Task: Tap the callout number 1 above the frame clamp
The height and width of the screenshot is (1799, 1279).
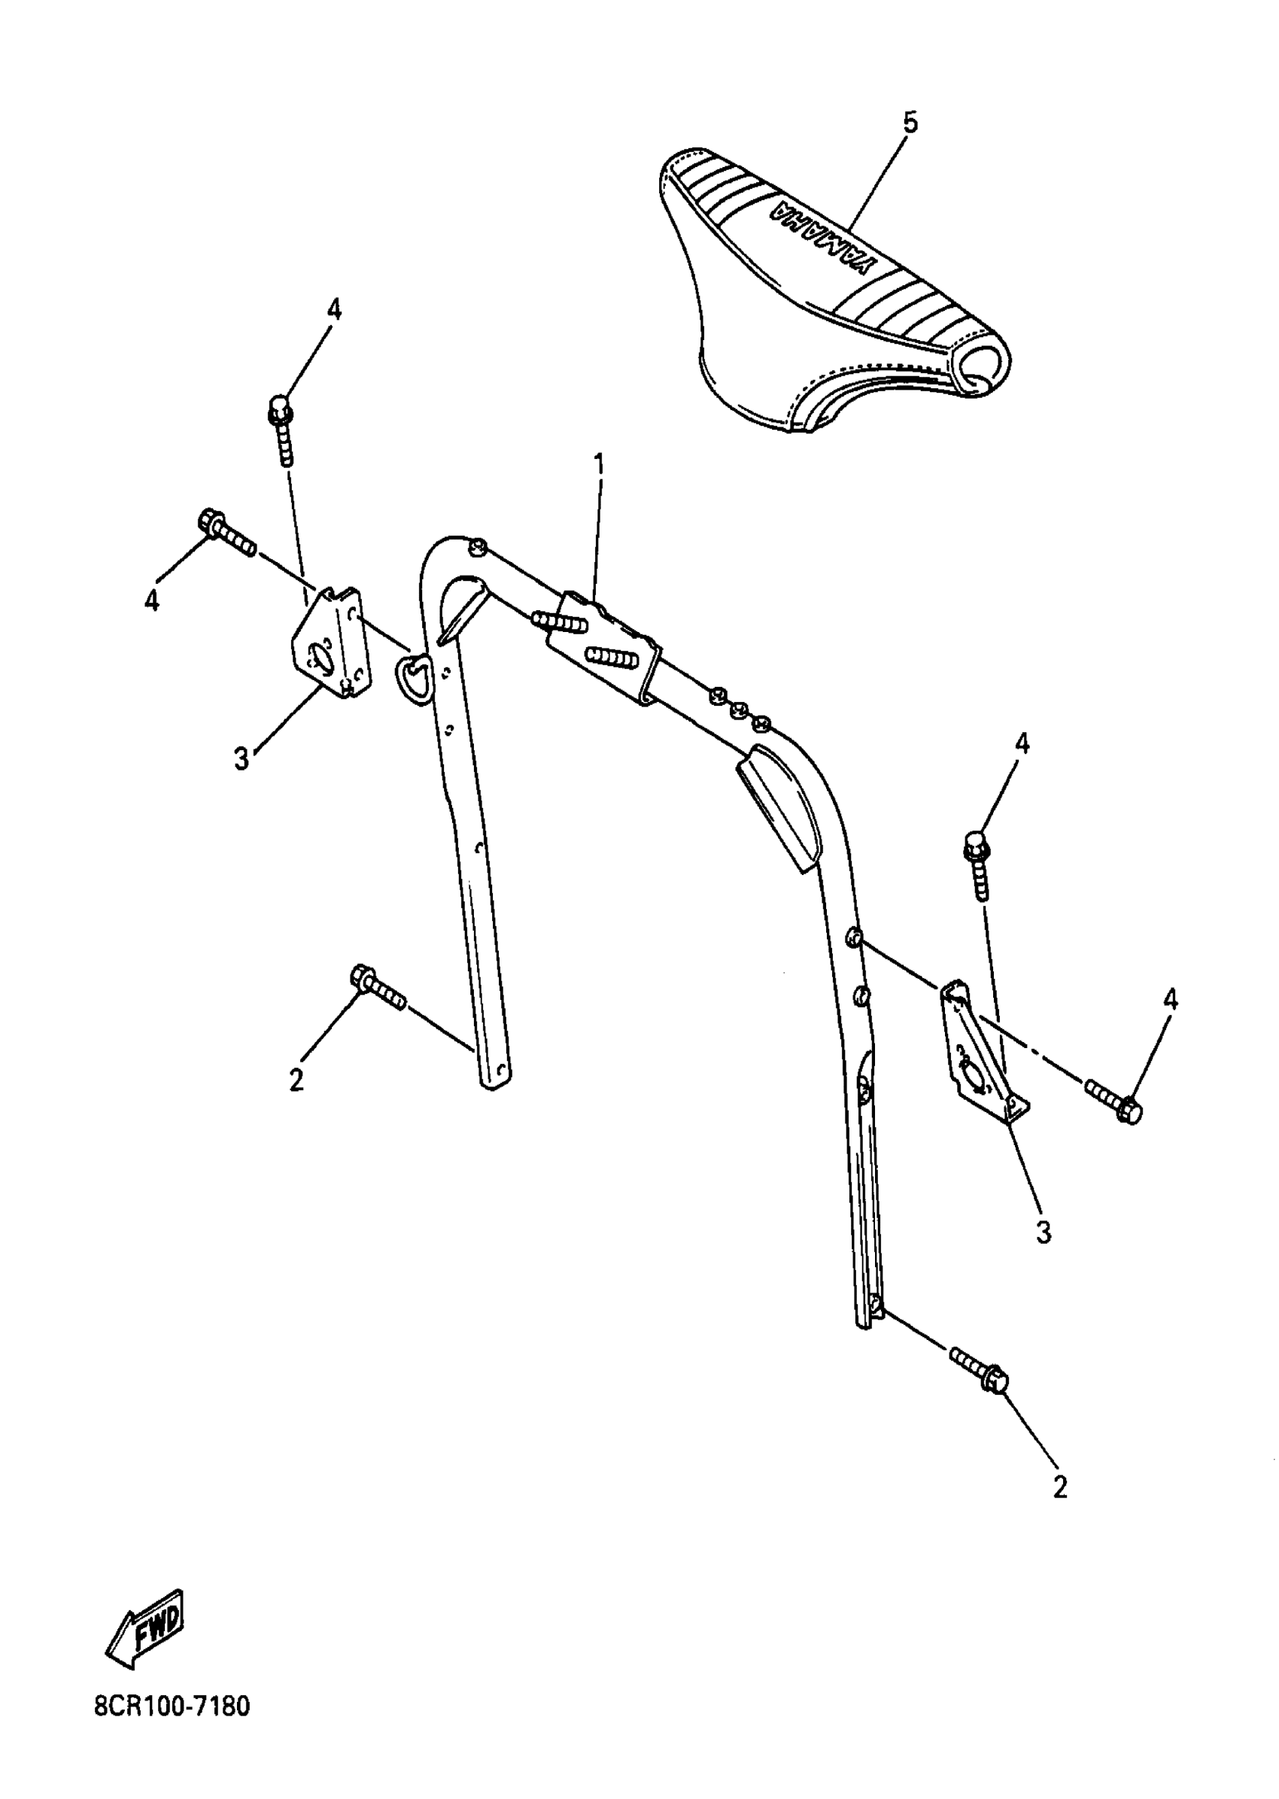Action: (600, 465)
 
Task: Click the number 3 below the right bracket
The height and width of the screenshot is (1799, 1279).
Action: (1044, 1232)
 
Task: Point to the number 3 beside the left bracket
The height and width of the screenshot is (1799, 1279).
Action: (241, 759)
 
